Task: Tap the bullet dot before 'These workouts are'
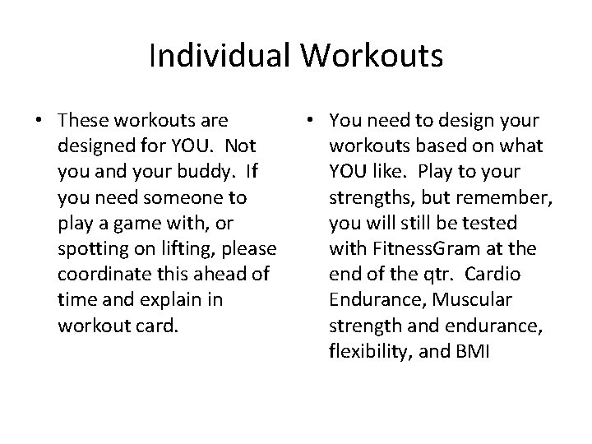pos(39,122)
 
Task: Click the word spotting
pos(91,249)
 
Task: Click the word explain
pos(187,300)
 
